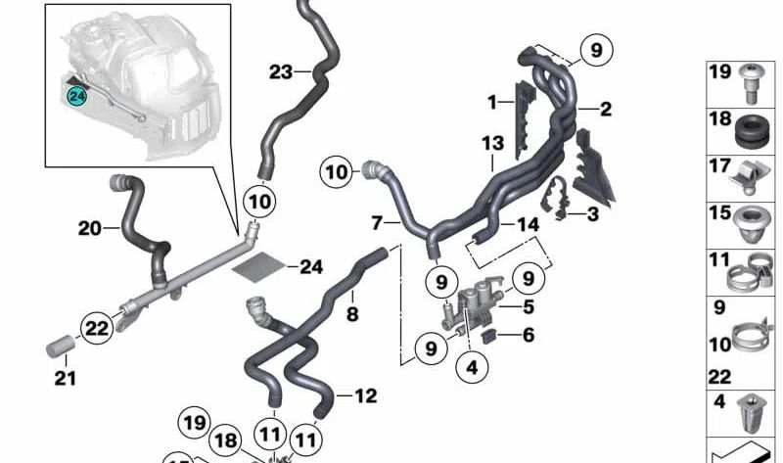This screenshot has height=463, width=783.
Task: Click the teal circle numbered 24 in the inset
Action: click(75, 95)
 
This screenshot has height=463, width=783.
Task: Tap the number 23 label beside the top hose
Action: click(281, 71)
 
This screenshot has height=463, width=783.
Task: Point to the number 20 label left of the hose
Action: click(90, 229)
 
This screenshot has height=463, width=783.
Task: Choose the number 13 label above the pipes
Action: click(492, 144)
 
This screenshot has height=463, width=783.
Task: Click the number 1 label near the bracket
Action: click(492, 100)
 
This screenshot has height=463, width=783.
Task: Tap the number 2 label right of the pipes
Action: click(606, 110)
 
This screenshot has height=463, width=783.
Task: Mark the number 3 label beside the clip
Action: click(592, 212)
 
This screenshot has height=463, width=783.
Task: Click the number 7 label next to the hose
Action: click(377, 224)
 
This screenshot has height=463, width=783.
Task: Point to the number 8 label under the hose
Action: click(351, 314)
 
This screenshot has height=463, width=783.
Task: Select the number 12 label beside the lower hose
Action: click(364, 396)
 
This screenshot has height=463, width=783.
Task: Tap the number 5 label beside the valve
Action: click(528, 306)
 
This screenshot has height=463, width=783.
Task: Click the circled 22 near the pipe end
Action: click(97, 329)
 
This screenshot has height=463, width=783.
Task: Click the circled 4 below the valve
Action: click(472, 369)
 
